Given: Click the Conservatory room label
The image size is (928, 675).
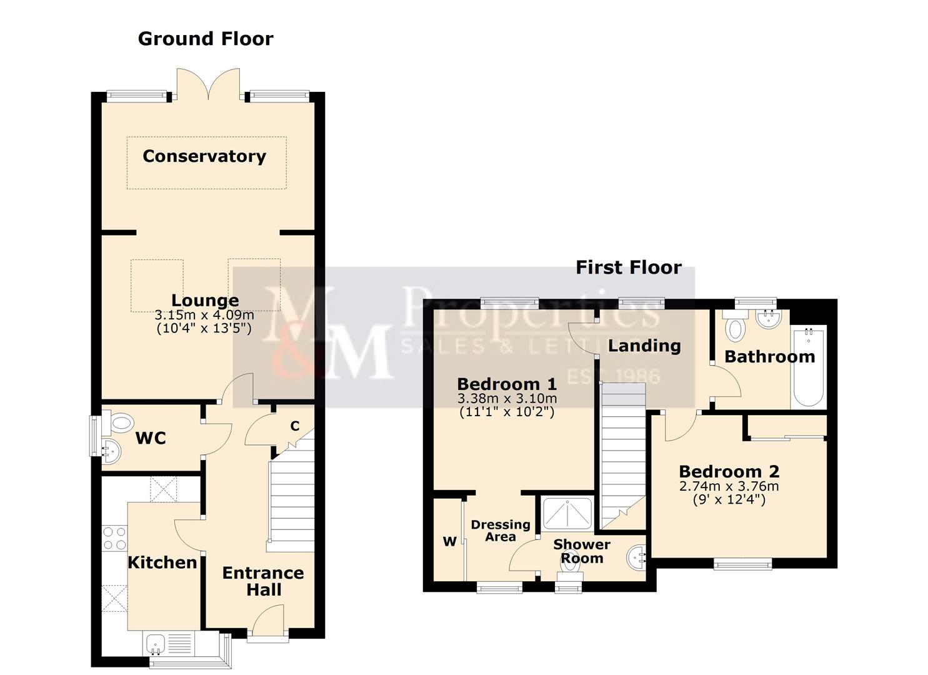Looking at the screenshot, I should tap(204, 156).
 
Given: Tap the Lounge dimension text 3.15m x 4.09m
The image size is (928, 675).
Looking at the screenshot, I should tap(204, 316).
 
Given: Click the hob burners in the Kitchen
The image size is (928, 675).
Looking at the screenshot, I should tap(114, 538).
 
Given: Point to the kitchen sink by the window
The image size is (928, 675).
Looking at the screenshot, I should tap(156, 643).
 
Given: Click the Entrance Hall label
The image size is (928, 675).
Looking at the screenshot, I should tap(263, 581).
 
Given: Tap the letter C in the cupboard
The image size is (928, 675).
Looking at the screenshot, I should tap(295, 426).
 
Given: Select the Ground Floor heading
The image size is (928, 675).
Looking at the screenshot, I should tap(206, 39).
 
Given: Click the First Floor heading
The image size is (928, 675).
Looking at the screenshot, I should tap(628, 267).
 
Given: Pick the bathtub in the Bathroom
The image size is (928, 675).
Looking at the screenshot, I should tap(809, 367).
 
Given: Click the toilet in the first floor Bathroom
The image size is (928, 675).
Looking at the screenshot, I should tap(736, 327).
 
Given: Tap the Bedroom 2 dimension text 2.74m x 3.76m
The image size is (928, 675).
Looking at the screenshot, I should tap(729, 486).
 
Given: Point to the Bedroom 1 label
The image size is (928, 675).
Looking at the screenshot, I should tap(507, 384).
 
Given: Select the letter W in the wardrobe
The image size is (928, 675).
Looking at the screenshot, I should tap(450, 541).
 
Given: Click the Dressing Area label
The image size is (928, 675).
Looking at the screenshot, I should tap(501, 531).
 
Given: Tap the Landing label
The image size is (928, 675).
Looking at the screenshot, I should tap(644, 346).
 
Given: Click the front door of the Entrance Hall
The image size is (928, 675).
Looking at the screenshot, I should tap(267, 625).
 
